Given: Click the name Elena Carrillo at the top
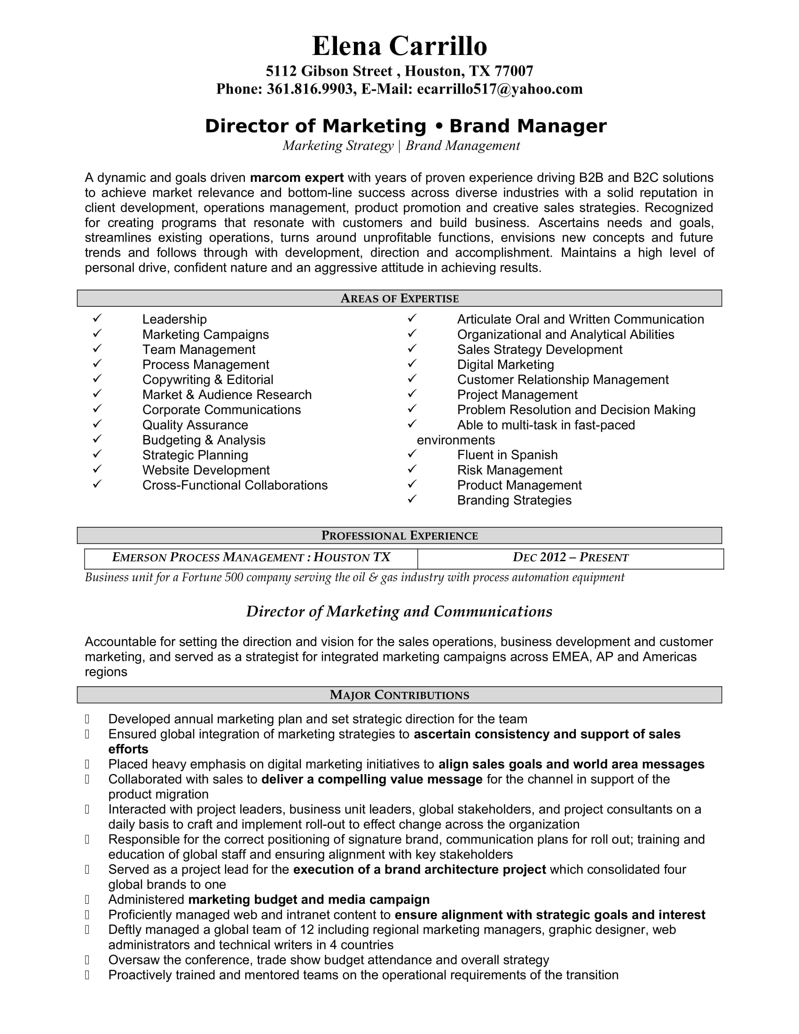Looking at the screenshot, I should click(x=399, y=47).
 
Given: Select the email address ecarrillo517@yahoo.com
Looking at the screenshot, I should click(x=499, y=89).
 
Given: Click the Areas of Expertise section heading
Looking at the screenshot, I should click(x=399, y=298).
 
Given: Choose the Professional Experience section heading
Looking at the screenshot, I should click(x=399, y=535).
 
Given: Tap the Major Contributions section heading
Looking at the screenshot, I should click(x=399, y=695).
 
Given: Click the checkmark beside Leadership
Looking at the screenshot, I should click(x=97, y=318).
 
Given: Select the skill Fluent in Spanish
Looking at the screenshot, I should click(x=507, y=455).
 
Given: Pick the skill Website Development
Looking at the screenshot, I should click(x=206, y=470).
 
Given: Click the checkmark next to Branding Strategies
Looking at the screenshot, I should click(x=412, y=499).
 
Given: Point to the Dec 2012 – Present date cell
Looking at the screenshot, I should click(x=571, y=557).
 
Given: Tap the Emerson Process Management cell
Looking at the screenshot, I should click(x=251, y=557).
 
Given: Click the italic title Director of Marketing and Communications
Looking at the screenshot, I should click(x=399, y=611).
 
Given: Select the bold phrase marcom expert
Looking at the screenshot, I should click(x=296, y=178).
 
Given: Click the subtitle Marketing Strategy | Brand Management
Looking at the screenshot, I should click(x=401, y=146).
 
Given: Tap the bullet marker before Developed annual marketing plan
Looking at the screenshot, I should click(x=87, y=719).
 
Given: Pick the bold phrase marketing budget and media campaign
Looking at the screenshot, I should click(x=309, y=900).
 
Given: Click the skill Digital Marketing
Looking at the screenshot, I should click(x=505, y=365).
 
